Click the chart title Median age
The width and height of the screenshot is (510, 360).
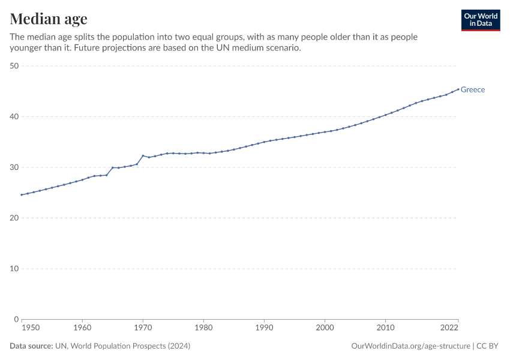click(x=49, y=19)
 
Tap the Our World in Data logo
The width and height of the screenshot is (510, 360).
click(x=480, y=20)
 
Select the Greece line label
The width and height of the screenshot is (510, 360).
click(x=473, y=90)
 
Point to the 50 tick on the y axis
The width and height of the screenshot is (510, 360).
click(x=14, y=66)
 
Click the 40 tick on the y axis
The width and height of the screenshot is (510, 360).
click(x=14, y=116)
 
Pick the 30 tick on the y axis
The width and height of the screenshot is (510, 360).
click(x=14, y=167)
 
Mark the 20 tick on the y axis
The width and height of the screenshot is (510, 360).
click(x=14, y=218)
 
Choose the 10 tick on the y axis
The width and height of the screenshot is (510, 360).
click(x=14, y=269)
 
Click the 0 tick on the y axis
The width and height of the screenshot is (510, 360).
click(x=17, y=319)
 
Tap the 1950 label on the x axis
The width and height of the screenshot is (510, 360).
click(x=30, y=328)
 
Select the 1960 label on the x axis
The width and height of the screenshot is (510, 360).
click(x=82, y=328)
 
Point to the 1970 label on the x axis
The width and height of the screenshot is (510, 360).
click(x=143, y=328)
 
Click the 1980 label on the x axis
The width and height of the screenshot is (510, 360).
click(x=203, y=328)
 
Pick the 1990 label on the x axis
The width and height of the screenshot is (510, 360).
click(x=264, y=328)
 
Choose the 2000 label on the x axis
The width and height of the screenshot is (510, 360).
click(x=325, y=328)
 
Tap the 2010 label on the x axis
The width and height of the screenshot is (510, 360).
click(x=385, y=328)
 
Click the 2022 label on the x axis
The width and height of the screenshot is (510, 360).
click(x=449, y=328)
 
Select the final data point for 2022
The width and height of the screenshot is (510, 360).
click(x=458, y=89)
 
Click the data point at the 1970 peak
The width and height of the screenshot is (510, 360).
click(x=143, y=155)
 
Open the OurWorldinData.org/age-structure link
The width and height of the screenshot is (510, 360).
click(x=411, y=346)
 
